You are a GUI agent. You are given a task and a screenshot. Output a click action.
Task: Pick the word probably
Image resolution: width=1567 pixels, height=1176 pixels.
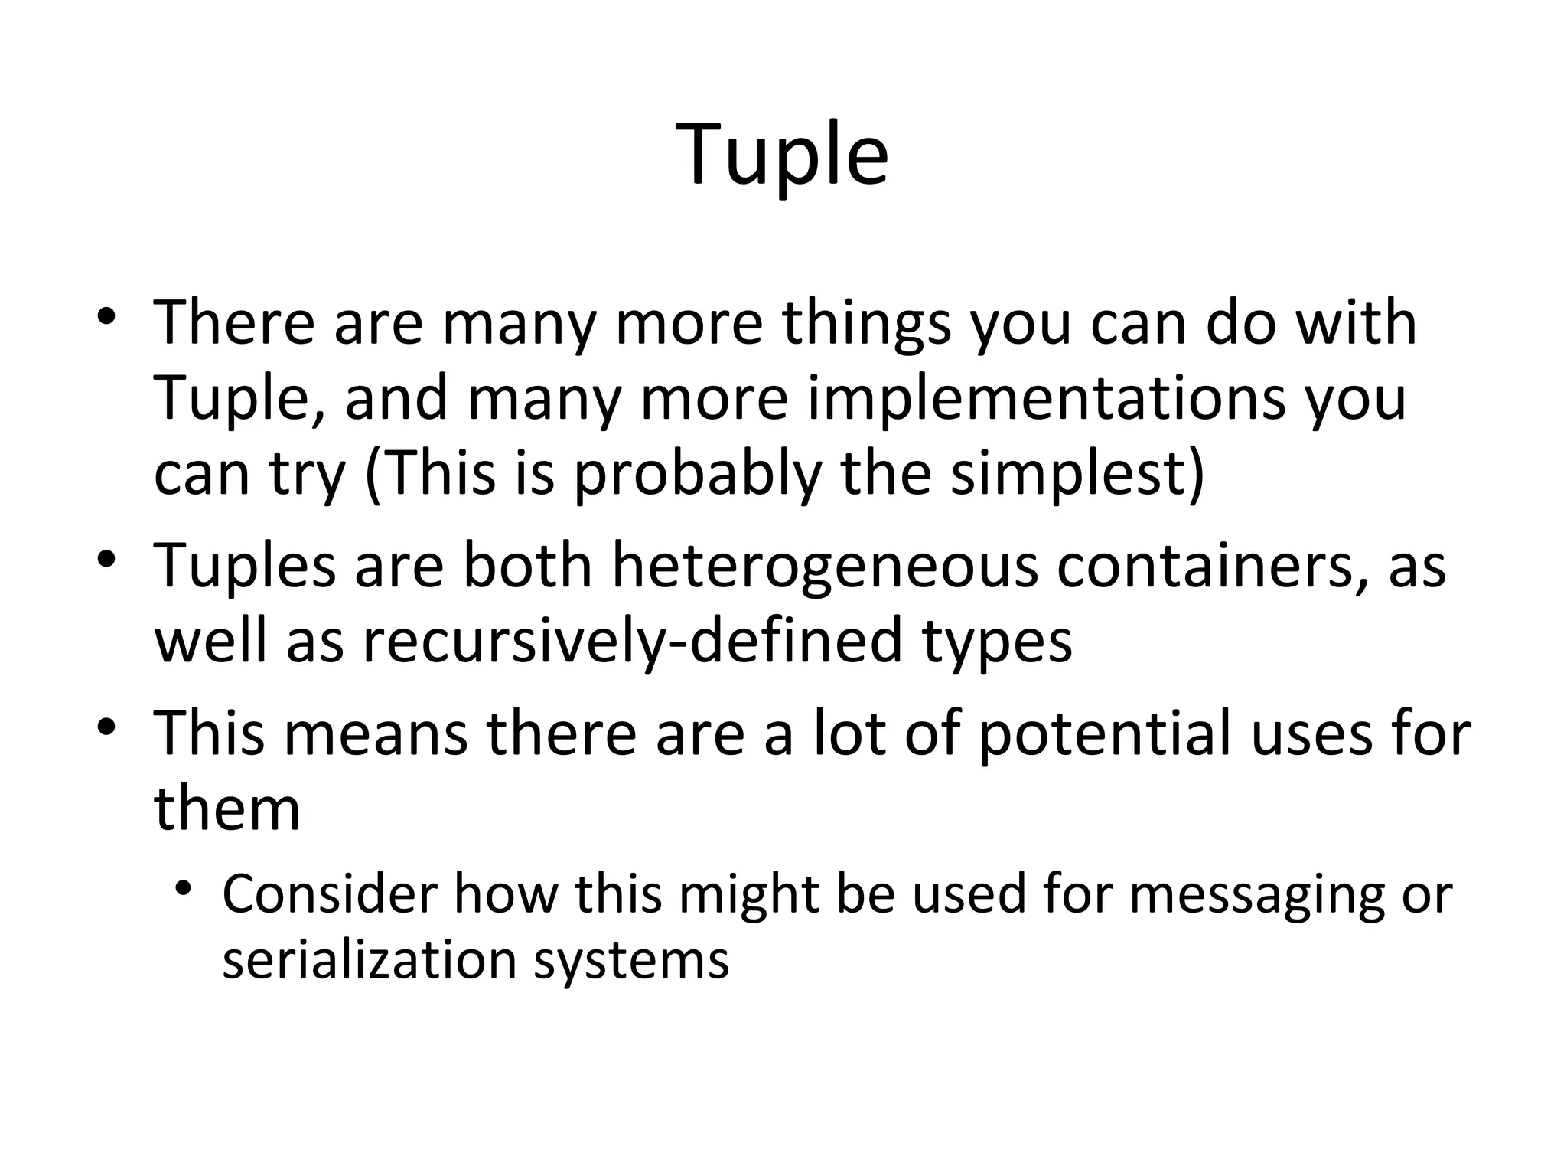pos(696,472)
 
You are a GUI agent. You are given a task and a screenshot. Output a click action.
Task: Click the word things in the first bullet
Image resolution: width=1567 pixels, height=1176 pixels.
pos(865,323)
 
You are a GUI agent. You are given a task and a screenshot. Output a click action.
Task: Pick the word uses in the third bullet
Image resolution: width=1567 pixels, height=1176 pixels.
pos(1310,733)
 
